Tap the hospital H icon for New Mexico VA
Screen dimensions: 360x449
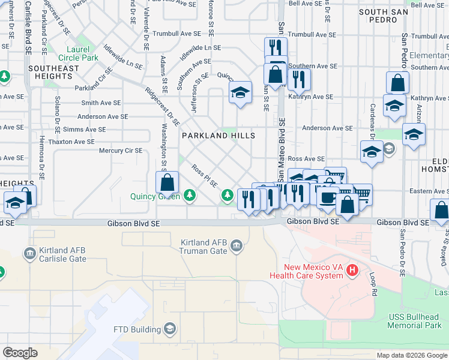[x=352, y=271]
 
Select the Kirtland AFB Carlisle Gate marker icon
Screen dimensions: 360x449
[x=29, y=254]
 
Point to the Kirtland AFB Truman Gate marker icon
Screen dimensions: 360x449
[x=236, y=246]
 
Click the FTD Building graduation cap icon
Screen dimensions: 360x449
[x=170, y=329]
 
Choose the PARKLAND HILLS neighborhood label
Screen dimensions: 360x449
[x=218, y=136]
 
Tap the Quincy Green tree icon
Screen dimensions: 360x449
[x=190, y=195]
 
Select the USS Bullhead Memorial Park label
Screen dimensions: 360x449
[x=414, y=320]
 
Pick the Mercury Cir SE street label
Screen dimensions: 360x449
[x=121, y=151]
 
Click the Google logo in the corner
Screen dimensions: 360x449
[x=20, y=353]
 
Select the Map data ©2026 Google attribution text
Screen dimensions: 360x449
[x=411, y=355]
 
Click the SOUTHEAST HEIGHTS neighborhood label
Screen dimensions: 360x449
[x=53, y=72]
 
